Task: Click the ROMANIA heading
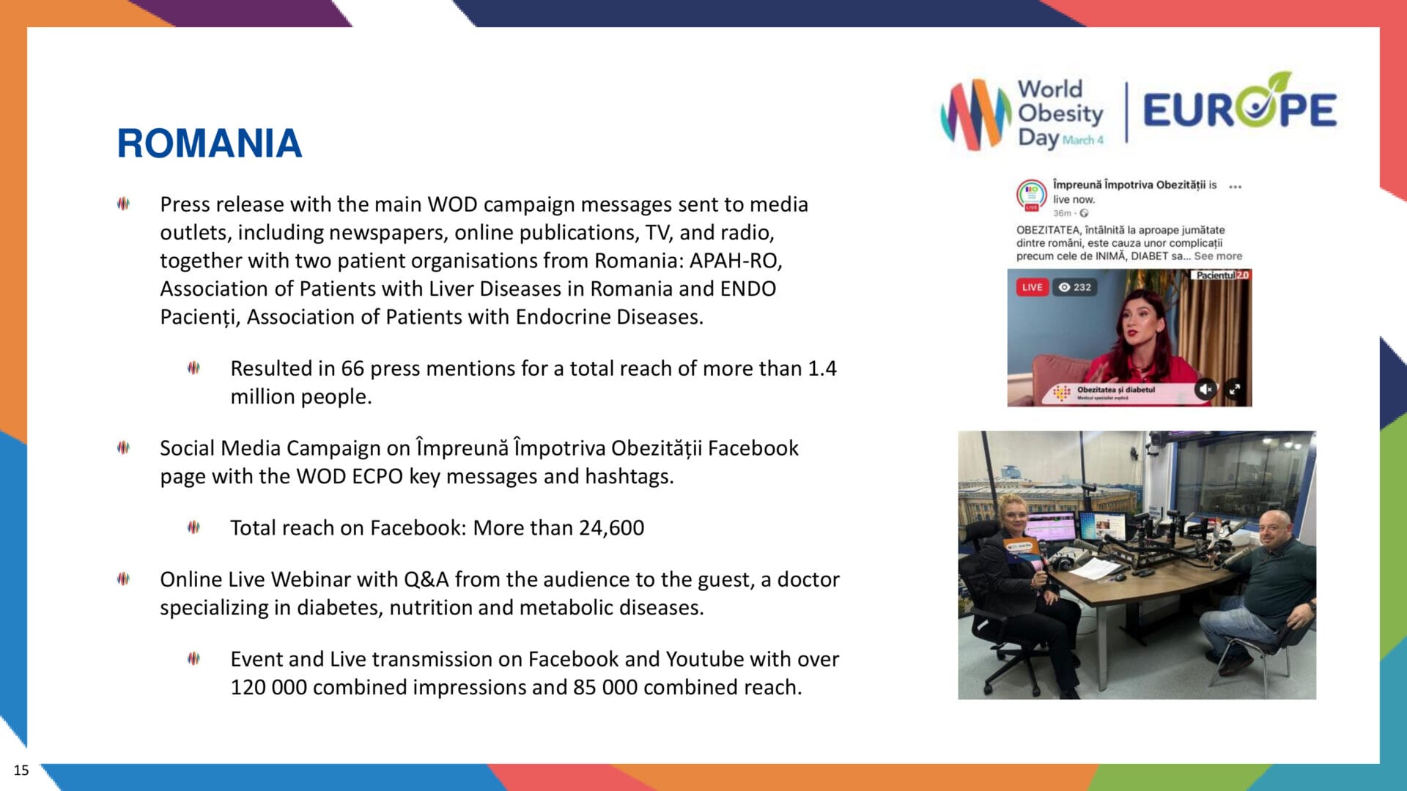tap(210, 144)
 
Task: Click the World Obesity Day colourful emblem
tap(975, 114)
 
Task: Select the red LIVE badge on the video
tap(1032, 287)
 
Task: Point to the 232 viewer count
tap(1076, 287)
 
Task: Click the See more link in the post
tap(1218, 256)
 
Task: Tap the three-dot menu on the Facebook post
tap(1236, 187)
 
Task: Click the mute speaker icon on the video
tap(1205, 389)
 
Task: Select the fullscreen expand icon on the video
tap(1235, 389)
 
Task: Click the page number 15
tap(21, 770)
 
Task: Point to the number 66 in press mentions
tap(352, 368)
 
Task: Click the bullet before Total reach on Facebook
tap(193, 527)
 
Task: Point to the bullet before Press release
tap(123, 204)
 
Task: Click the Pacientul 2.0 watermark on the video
tap(1222, 275)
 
